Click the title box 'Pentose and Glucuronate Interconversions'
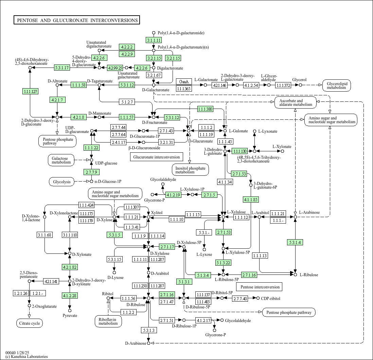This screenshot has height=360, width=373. pos(77,20)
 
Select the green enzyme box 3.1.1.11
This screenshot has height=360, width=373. pos(154,40)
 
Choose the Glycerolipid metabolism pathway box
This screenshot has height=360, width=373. pos(336,85)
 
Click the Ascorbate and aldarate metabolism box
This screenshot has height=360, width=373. pos(295,102)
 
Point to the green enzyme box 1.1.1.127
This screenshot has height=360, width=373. pos(30,91)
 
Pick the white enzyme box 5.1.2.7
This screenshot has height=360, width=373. pos(127,101)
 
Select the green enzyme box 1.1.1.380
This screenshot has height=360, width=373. pos(205,109)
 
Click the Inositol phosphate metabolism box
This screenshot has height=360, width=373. pos(190,170)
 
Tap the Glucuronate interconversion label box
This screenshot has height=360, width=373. pos(156,157)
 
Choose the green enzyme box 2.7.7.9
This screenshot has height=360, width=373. pos(91,172)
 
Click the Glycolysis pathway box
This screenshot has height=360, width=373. pos(62,182)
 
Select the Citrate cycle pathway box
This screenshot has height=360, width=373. pos(29,323)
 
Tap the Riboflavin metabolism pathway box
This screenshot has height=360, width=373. pos(108,321)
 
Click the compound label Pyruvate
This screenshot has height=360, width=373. pos(70,316)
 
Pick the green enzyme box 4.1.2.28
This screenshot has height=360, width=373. pos(70,296)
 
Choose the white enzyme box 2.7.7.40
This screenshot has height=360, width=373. pos(240,299)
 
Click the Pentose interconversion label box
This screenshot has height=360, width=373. pos(260,287)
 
